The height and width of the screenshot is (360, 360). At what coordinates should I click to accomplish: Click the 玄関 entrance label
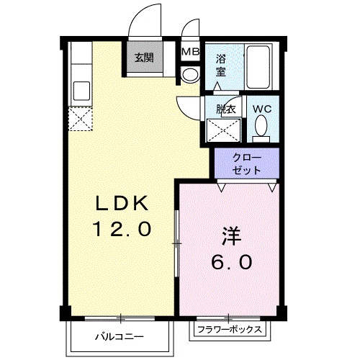point(144,58)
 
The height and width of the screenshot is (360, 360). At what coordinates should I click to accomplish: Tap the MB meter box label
point(191,51)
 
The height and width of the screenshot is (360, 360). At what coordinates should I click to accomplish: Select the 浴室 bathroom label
point(221,66)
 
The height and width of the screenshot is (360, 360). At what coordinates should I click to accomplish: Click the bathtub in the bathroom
point(258,67)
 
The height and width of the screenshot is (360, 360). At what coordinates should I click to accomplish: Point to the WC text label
point(262,109)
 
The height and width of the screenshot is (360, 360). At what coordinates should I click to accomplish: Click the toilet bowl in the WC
point(261,125)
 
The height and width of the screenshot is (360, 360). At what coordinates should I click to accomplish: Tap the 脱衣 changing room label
point(225,109)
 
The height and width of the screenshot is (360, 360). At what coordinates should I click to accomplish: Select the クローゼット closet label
point(247,164)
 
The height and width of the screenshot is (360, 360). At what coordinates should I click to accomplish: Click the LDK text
point(122,203)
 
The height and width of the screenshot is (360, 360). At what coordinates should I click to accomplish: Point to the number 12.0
point(122,229)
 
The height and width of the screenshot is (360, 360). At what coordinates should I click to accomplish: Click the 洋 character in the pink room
point(231,236)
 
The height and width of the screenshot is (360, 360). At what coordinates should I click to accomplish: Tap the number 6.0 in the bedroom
point(232,261)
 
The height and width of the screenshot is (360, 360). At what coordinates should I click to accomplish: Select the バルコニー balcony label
point(120,337)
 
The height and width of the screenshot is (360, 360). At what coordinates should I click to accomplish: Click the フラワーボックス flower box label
point(230,330)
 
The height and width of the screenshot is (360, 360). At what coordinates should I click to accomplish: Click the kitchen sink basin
point(82,91)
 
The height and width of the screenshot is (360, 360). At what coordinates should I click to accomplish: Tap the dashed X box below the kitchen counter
point(81,119)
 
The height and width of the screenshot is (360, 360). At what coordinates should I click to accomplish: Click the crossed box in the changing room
point(223,130)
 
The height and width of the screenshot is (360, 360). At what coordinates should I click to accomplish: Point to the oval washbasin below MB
point(190,75)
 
